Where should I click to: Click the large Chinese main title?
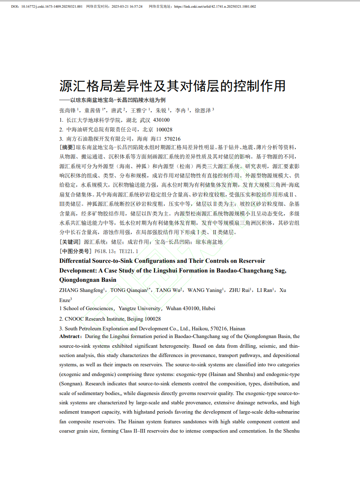point(173,86)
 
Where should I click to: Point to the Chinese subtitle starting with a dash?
point(112,100)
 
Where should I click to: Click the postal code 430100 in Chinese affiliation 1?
point(161,120)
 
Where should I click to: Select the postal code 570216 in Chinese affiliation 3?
point(172,139)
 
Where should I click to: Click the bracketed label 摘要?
point(67,148)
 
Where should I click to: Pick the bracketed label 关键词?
point(70,242)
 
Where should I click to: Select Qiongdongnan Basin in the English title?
point(88,280)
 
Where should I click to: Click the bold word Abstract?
point(70,336)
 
